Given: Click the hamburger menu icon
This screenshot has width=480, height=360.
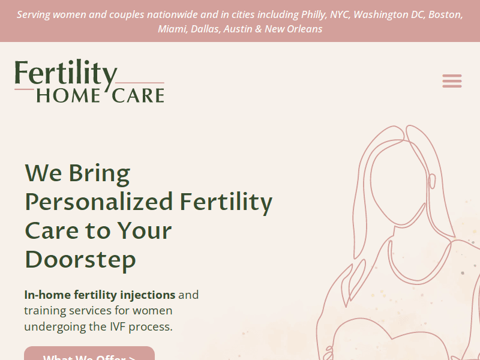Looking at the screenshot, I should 452,81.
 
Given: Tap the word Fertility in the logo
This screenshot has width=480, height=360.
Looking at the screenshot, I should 65,75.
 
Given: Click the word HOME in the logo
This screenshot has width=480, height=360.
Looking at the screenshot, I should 67,95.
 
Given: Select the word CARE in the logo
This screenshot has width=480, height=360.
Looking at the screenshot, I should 138,95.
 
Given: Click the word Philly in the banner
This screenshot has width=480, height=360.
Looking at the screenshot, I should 313,14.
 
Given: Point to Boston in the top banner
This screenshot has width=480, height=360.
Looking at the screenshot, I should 445,14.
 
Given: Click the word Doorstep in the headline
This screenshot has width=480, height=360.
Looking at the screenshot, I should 80,259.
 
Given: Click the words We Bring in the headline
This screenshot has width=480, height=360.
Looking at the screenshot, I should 77,173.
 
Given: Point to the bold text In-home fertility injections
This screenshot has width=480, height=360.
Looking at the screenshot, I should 100,295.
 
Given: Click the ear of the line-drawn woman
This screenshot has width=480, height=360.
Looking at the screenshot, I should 431,181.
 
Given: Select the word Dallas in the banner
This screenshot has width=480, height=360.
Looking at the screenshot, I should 205,29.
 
